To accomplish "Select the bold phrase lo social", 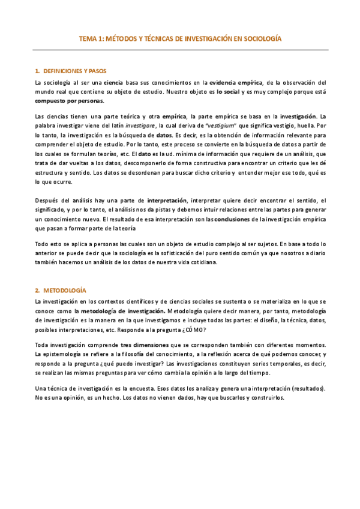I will [x=227, y=92].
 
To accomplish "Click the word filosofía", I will [x=137, y=355].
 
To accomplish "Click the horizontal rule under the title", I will [x=180, y=50].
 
